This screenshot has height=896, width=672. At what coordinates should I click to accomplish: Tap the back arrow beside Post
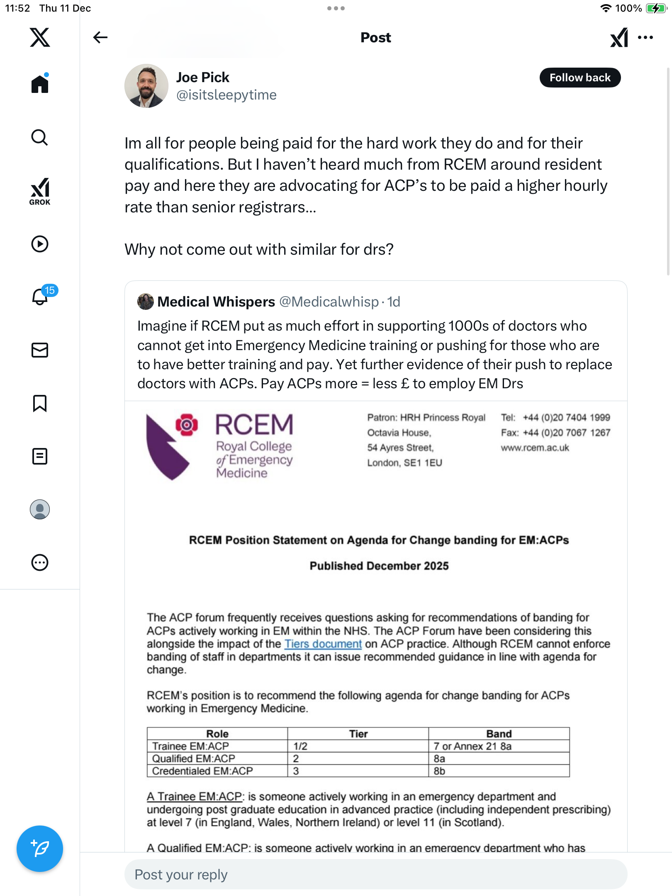pyautogui.click(x=100, y=37)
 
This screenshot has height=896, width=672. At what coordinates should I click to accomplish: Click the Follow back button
pyautogui.click(x=579, y=78)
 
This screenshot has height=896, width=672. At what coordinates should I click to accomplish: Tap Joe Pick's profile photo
pyautogui.click(x=146, y=86)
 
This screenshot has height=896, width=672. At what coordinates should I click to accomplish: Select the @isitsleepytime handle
pyautogui.click(x=226, y=95)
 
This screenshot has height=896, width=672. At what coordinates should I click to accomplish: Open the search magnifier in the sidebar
pyautogui.click(x=40, y=137)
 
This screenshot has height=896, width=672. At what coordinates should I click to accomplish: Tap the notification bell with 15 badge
pyautogui.click(x=40, y=297)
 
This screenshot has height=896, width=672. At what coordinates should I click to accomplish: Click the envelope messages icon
pyautogui.click(x=40, y=350)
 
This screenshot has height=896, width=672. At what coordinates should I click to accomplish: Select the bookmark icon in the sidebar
pyautogui.click(x=40, y=403)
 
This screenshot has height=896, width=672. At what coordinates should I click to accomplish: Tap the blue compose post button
pyautogui.click(x=40, y=848)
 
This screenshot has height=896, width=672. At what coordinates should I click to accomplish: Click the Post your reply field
pyautogui.click(x=375, y=874)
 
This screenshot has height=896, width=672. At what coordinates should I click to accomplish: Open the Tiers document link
pyautogui.click(x=323, y=644)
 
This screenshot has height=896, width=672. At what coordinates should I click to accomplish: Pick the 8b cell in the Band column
pyautogui.click(x=440, y=771)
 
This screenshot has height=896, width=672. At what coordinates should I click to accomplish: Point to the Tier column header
pyautogui.click(x=358, y=734)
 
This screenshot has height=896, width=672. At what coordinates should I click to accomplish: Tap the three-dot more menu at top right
pyautogui.click(x=645, y=37)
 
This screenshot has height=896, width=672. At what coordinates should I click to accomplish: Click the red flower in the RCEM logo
pyautogui.click(x=187, y=424)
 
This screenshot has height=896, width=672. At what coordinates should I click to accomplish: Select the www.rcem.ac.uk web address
pyautogui.click(x=535, y=448)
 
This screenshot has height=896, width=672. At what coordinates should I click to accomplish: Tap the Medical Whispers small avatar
pyautogui.click(x=145, y=302)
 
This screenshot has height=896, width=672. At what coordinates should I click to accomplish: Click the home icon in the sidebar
pyautogui.click(x=40, y=84)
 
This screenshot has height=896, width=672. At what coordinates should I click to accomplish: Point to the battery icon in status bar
pyautogui.click(x=656, y=8)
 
